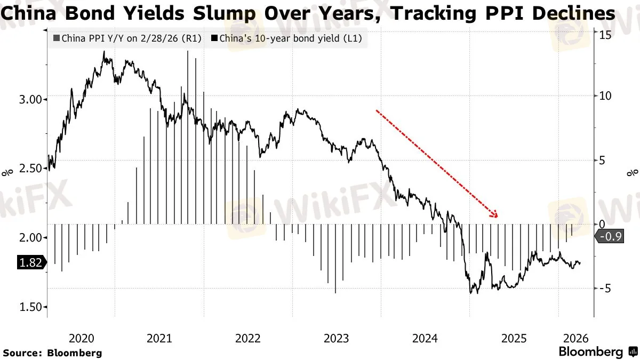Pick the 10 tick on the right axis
[604, 96]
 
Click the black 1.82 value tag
[30, 263]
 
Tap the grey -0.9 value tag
[610, 238]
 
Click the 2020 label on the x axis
[81, 338]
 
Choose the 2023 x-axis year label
[337, 338]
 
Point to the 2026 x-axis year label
[576, 338]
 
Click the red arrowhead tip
[497, 217]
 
